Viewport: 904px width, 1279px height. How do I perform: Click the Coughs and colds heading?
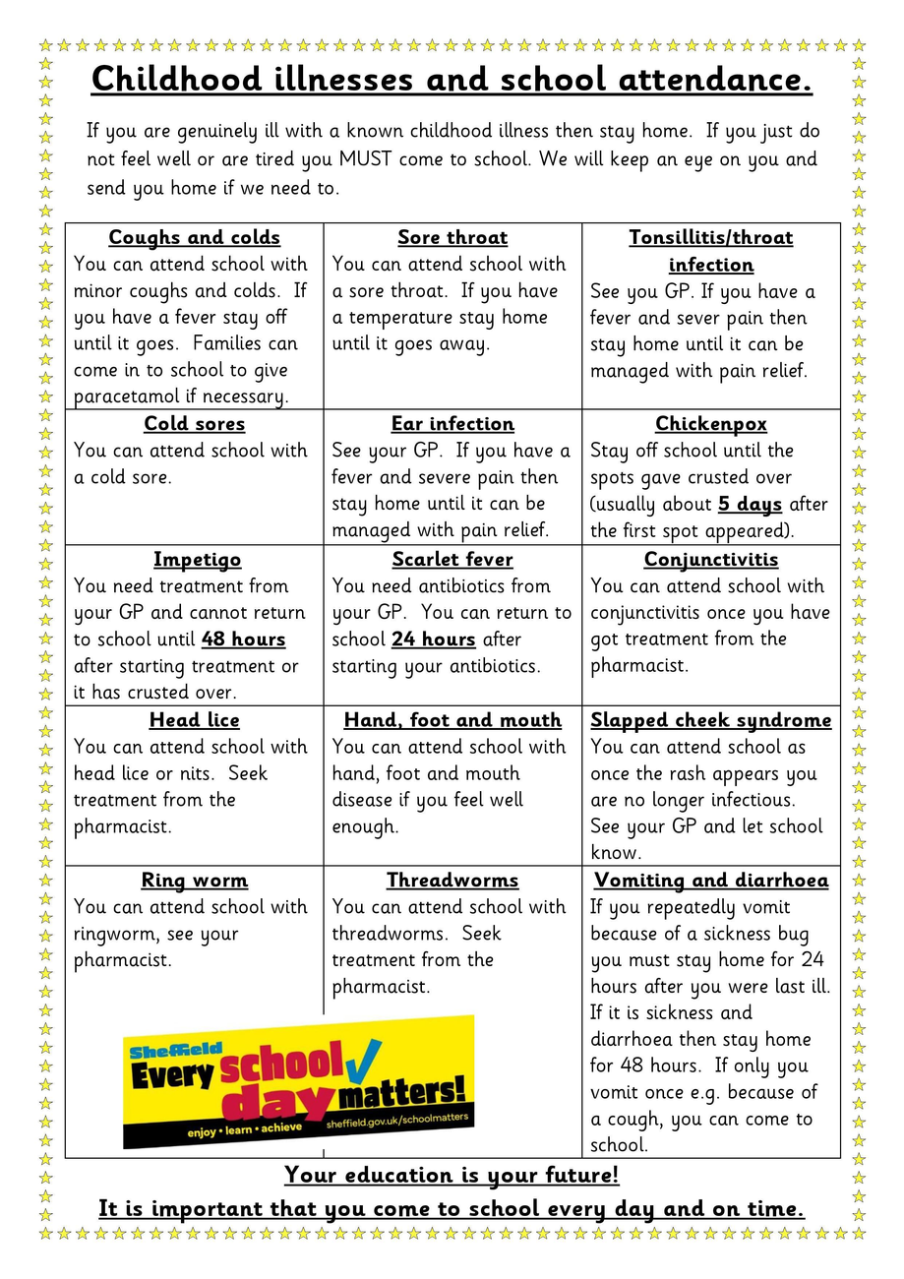pyautogui.click(x=194, y=237)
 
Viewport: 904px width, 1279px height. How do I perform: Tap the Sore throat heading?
pyautogui.click(x=452, y=237)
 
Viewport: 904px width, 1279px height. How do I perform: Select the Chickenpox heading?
pyautogui.click(x=711, y=424)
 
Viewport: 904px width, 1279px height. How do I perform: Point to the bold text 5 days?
pyautogui.click(x=750, y=505)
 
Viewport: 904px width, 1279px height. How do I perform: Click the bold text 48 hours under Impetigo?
pyautogui.click(x=243, y=639)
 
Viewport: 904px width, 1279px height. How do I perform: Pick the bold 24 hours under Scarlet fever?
pyautogui.click(x=433, y=639)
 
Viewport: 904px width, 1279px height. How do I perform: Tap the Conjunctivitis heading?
pyautogui.click(x=711, y=560)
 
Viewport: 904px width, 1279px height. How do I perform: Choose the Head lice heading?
pyautogui.click(x=194, y=720)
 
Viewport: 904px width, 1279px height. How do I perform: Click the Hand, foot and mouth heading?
pyautogui.click(x=452, y=720)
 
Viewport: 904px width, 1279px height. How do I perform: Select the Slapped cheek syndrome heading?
pyautogui.click(x=711, y=720)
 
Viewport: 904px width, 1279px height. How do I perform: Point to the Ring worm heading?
pyautogui.click(x=194, y=881)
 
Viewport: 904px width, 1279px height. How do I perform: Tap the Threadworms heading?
pyautogui.click(x=452, y=881)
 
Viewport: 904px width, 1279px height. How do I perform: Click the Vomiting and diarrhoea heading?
pyautogui.click(x=711, y=881)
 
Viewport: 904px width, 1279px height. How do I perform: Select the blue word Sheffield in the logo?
pyautogui.click(x=162, y=1051)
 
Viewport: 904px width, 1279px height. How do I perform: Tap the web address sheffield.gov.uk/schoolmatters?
pyautogui.click(x=398, y=1120)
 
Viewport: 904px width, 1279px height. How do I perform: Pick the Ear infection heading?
pyautogui.click(x=452, y=424)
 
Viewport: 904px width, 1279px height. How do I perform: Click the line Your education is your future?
pyautogui.click(x=452, y=1175)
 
